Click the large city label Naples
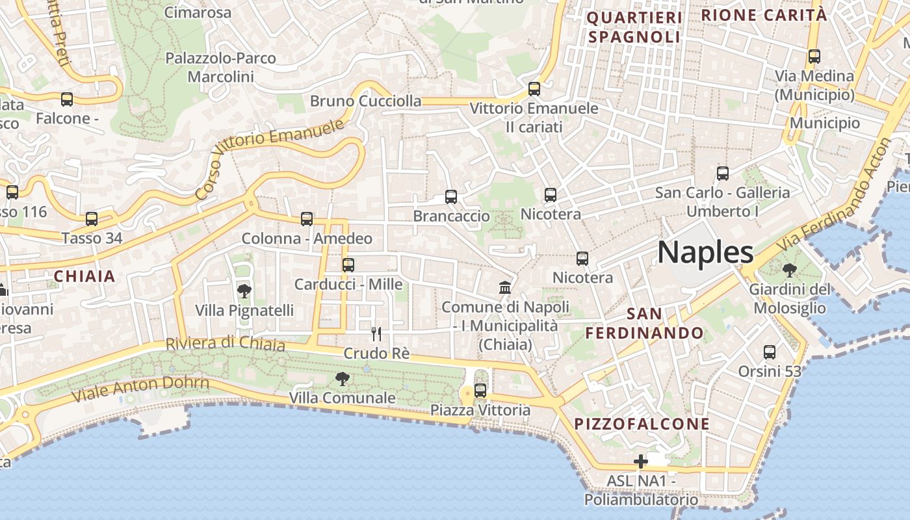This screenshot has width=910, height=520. [x=705, y=252]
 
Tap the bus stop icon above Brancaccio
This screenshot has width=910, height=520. [x=451, y=197]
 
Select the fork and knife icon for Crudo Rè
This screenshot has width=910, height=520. [x=376, y=334]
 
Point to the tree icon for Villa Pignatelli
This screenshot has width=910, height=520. [x=244, y=291]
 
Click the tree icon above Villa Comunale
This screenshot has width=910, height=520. [x=342, y=378]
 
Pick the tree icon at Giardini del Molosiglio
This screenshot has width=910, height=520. [x=790, y=270]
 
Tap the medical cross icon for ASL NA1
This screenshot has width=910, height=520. [x=641, y=462]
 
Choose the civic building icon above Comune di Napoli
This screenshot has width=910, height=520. [x=504, y=287]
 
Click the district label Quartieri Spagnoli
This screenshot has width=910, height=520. [x=634, y=27]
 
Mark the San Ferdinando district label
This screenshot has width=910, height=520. [x=645, y=324]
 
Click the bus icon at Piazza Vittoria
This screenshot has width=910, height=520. [x=480, y=391]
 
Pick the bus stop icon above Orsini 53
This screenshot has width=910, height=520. [x=770, y=352]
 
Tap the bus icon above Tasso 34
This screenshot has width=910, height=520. [x=92, y=219]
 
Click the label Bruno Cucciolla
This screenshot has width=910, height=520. [x=365, y=101]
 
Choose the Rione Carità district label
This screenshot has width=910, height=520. [x=764, y=15]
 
